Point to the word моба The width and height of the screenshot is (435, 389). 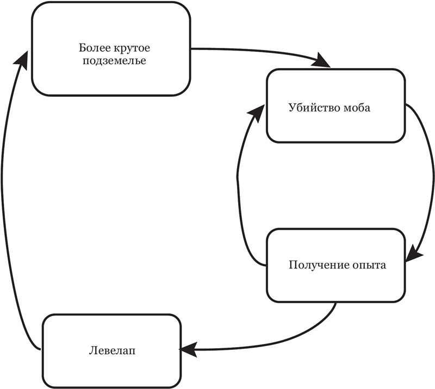(357, 107)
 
